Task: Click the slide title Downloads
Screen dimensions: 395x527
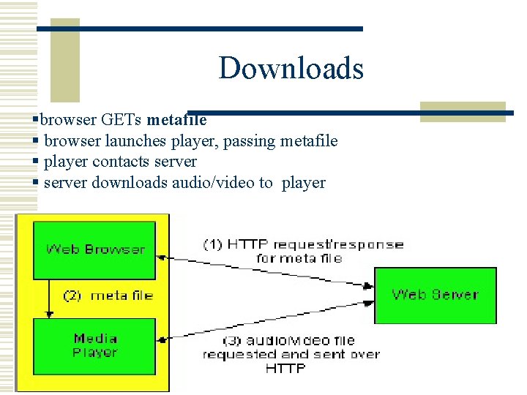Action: (291, 68)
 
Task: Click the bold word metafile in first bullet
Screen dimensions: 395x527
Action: (176, 119)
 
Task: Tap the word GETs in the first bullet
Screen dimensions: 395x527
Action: (122, 119)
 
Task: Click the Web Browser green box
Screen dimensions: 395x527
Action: (95, 249)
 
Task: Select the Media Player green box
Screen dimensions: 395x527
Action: (95, 345)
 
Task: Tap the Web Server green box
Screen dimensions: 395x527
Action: (435, 295)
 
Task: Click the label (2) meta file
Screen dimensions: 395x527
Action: (108, 296)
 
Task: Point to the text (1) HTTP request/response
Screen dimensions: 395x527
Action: (303, 244)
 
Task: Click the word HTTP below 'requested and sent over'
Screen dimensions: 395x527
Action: (285, 369)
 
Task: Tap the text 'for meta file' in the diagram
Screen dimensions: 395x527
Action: (299, 258)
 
